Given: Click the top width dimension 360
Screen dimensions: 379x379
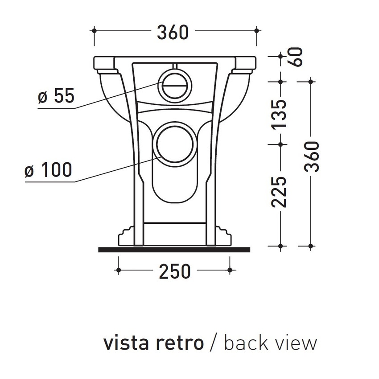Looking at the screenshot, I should [x=173, y=32].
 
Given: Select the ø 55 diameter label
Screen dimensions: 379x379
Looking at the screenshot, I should [x=56, y=96].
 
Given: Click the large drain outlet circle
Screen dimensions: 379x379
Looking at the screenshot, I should [x=176, y=142].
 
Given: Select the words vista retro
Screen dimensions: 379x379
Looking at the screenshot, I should [x=153, y=343].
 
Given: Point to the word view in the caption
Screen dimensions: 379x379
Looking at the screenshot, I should [x=296, y=343].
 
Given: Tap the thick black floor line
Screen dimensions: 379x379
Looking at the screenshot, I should [x=174, y=249].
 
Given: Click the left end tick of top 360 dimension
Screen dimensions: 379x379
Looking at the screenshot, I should [x=94, y=31].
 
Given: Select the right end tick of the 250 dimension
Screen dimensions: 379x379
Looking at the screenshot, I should [x=230, y=270].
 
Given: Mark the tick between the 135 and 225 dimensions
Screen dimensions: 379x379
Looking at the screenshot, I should [x=280, y=144].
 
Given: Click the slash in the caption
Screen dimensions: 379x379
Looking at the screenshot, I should [x=214, y=343].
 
